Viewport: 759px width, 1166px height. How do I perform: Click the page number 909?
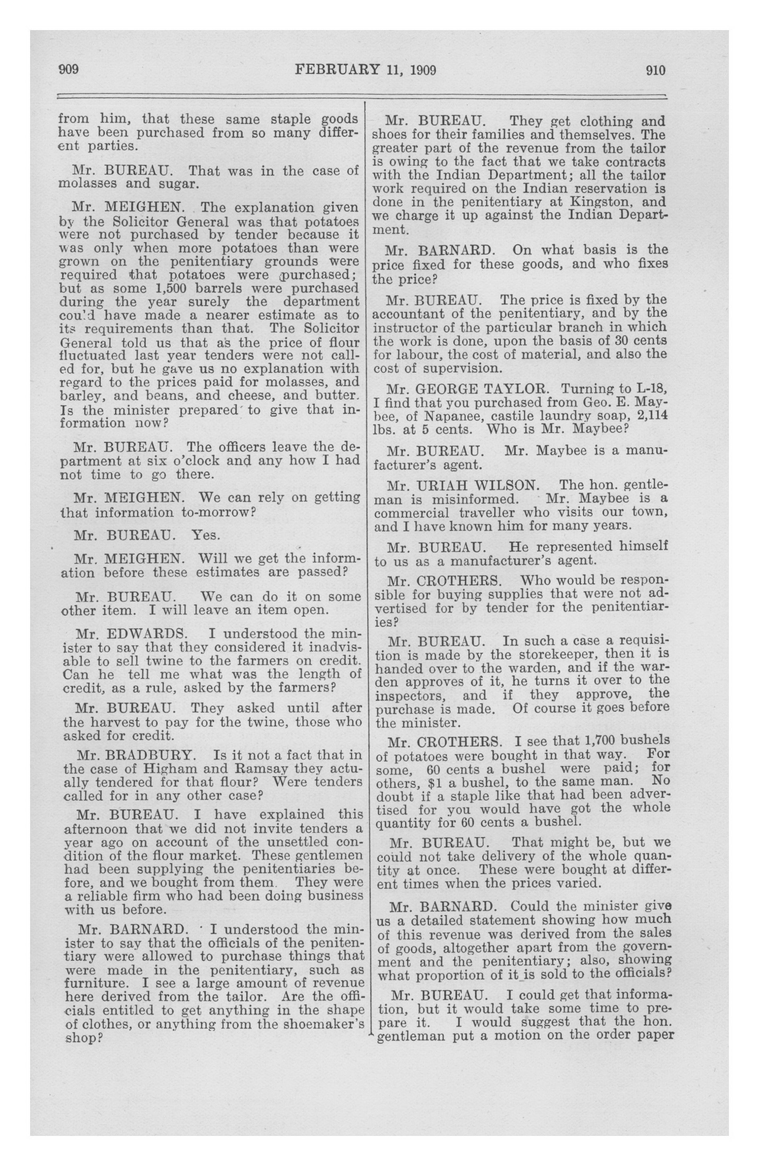[x=69, y=70]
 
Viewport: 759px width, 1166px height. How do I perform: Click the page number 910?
[x=655, y=71]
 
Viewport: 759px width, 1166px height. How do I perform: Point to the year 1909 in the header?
[x=423, y=70]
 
